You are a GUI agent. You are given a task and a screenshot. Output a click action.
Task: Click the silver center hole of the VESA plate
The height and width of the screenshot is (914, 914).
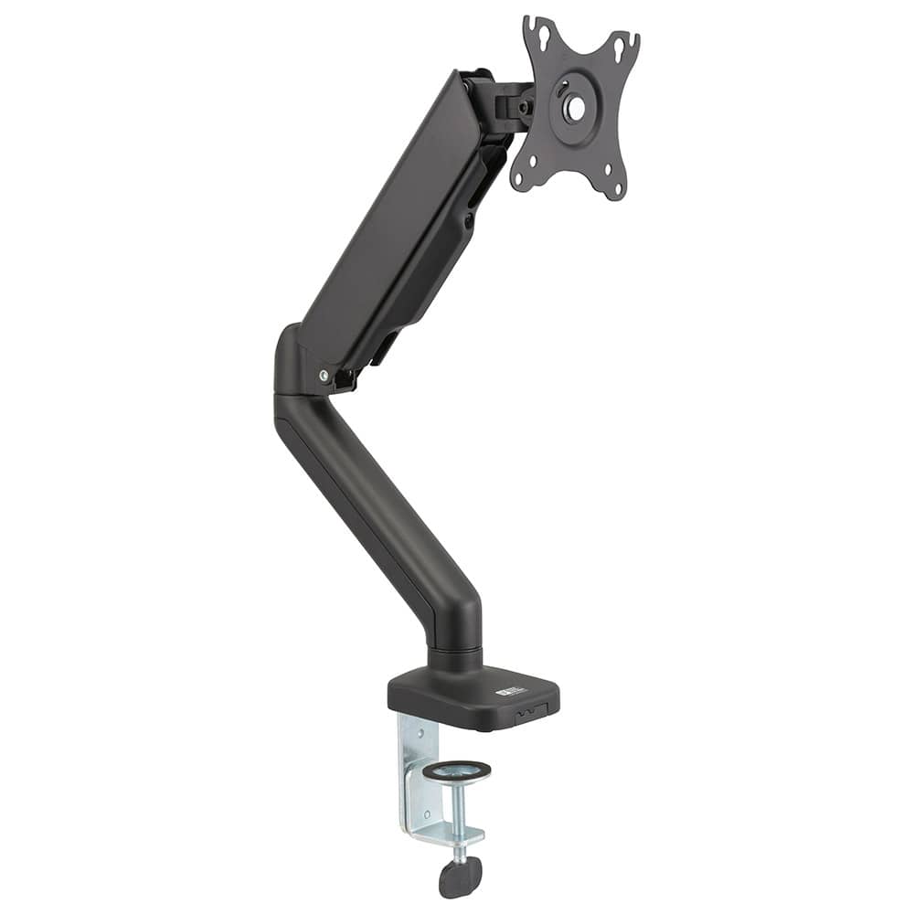pos(575,109)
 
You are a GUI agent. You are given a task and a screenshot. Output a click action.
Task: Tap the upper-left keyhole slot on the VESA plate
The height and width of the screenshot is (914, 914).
pos(539,34)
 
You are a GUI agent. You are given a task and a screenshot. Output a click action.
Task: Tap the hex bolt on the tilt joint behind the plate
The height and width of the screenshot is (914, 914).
pos(525,107)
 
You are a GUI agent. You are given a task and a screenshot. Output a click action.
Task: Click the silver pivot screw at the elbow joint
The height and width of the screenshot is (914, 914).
pos(324,375)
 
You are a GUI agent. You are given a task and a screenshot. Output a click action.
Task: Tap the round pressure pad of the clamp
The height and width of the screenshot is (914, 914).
pos(456,771)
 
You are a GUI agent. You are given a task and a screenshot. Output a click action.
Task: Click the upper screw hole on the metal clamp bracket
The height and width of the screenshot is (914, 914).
pos(407,731)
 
